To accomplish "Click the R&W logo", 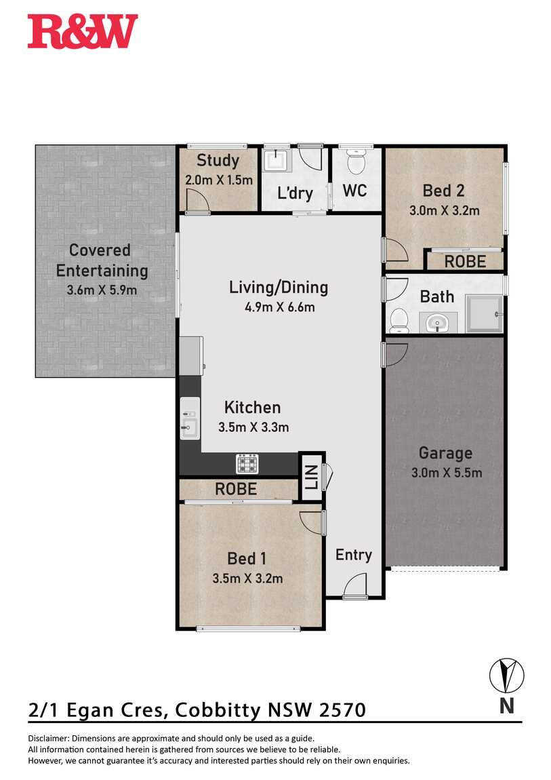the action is click(x=83, y=31).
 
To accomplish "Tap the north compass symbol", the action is click(x=506, y=676).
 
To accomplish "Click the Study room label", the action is click(x=218, y=160).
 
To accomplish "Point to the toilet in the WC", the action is click(x=355, y=160).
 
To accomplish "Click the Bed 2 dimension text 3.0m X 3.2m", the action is click(x=444, y=210).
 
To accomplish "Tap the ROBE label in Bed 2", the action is click(x=465, y=261).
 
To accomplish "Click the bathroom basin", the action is click(x=438, y=323).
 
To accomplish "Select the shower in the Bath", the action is click(x=484, y=313).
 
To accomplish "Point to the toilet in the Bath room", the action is click(x=399, y=320).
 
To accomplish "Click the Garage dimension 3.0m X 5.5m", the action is click(x=446, y=473).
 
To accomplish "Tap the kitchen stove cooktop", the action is click(x=247, y=463).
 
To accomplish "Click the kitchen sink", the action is click(x=190, y=418).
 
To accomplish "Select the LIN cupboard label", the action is click(x=311, y=477).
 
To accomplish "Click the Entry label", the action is click(x=353, y=555).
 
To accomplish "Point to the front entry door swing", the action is click(x=354, y=585).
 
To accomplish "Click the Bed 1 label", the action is click(x=247, y=558).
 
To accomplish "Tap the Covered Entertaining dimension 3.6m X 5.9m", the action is click(x=102, y=290).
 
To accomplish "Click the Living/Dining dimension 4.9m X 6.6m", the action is click(x=279, y=307).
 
